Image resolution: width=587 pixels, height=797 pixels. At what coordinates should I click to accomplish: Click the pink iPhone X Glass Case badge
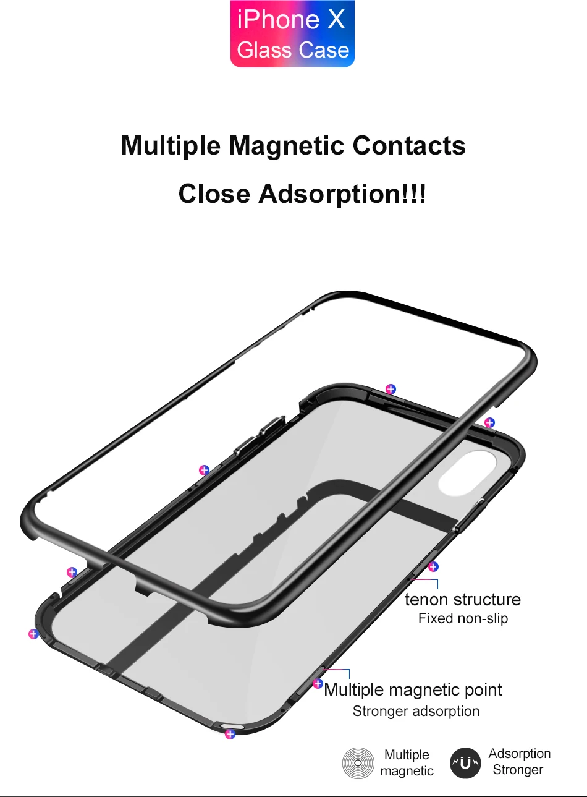click(x=292, y=34)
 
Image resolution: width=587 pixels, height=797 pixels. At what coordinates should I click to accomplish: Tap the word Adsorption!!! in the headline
click(x=342, y=194)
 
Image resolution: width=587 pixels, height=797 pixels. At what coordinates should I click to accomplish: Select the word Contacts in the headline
click(x=409, y=146)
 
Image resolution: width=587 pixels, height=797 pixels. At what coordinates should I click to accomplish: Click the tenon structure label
click(x=462, y=600)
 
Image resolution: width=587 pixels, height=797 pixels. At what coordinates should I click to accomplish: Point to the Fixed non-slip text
click(x=463, y=619)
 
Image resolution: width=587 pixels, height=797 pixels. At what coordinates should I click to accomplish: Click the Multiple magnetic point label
click(x=413, y=690)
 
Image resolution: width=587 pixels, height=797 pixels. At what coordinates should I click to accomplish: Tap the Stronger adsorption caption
click(x=416, y=712)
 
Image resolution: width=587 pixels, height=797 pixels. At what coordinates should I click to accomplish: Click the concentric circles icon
click(x=358, y=763)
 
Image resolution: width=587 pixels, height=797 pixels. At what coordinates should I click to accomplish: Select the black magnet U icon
click(x=465, y=763)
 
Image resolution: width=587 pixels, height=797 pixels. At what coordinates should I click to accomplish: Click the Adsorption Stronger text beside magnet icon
click(x=519, y=762)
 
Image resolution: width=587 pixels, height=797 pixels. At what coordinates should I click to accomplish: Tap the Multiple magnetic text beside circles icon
click(x=407, y=763)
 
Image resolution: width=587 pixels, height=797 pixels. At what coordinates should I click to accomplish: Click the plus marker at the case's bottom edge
click(x=230, y=735)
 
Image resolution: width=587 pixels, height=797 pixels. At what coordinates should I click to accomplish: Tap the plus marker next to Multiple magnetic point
click(x=318, y=683)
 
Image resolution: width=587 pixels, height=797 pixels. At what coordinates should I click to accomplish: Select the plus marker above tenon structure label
click(x=433, y=566)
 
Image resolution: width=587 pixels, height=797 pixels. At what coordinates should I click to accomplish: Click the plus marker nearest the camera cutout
click(x=489, y=423)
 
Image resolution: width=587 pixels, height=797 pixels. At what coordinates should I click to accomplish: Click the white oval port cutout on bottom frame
click(x=232, y=727)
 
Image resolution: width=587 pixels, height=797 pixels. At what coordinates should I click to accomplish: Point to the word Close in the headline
click(x=214, y=194)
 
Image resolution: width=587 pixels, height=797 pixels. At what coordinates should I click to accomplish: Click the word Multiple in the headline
click(x=171, y=146)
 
